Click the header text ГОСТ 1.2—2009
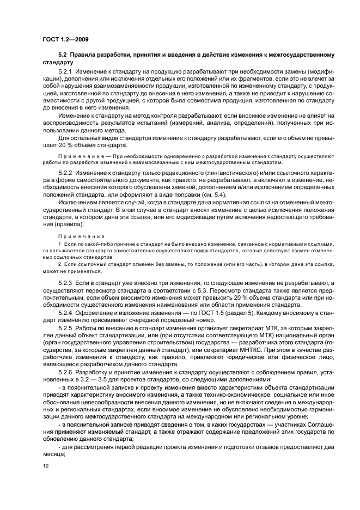point(66,39)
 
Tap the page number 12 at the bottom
point(45,466)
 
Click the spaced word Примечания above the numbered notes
point(76,236)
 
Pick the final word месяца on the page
point(53,452)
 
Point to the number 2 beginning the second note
point(59,264)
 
